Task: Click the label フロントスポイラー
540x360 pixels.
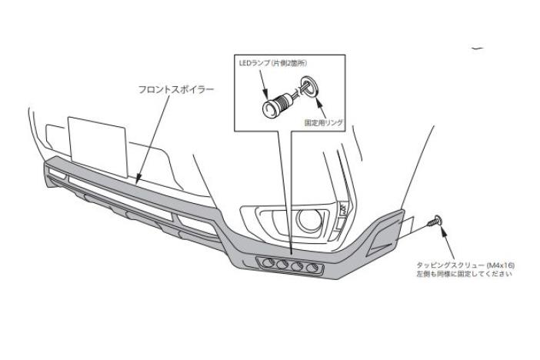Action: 176,89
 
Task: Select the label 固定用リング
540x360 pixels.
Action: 324,122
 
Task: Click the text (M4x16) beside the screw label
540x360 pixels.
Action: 501,265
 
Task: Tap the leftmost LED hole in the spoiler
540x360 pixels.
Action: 268,263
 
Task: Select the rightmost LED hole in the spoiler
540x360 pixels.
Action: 312,268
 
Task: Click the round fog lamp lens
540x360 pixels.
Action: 309,220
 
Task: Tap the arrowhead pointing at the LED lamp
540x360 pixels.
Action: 265,93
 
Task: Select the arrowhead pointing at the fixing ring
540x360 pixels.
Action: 318,101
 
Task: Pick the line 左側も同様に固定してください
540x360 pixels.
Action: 465,274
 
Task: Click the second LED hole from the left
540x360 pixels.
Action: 282,265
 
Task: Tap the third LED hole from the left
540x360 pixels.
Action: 297,266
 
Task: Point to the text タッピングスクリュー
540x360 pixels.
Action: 450,265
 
